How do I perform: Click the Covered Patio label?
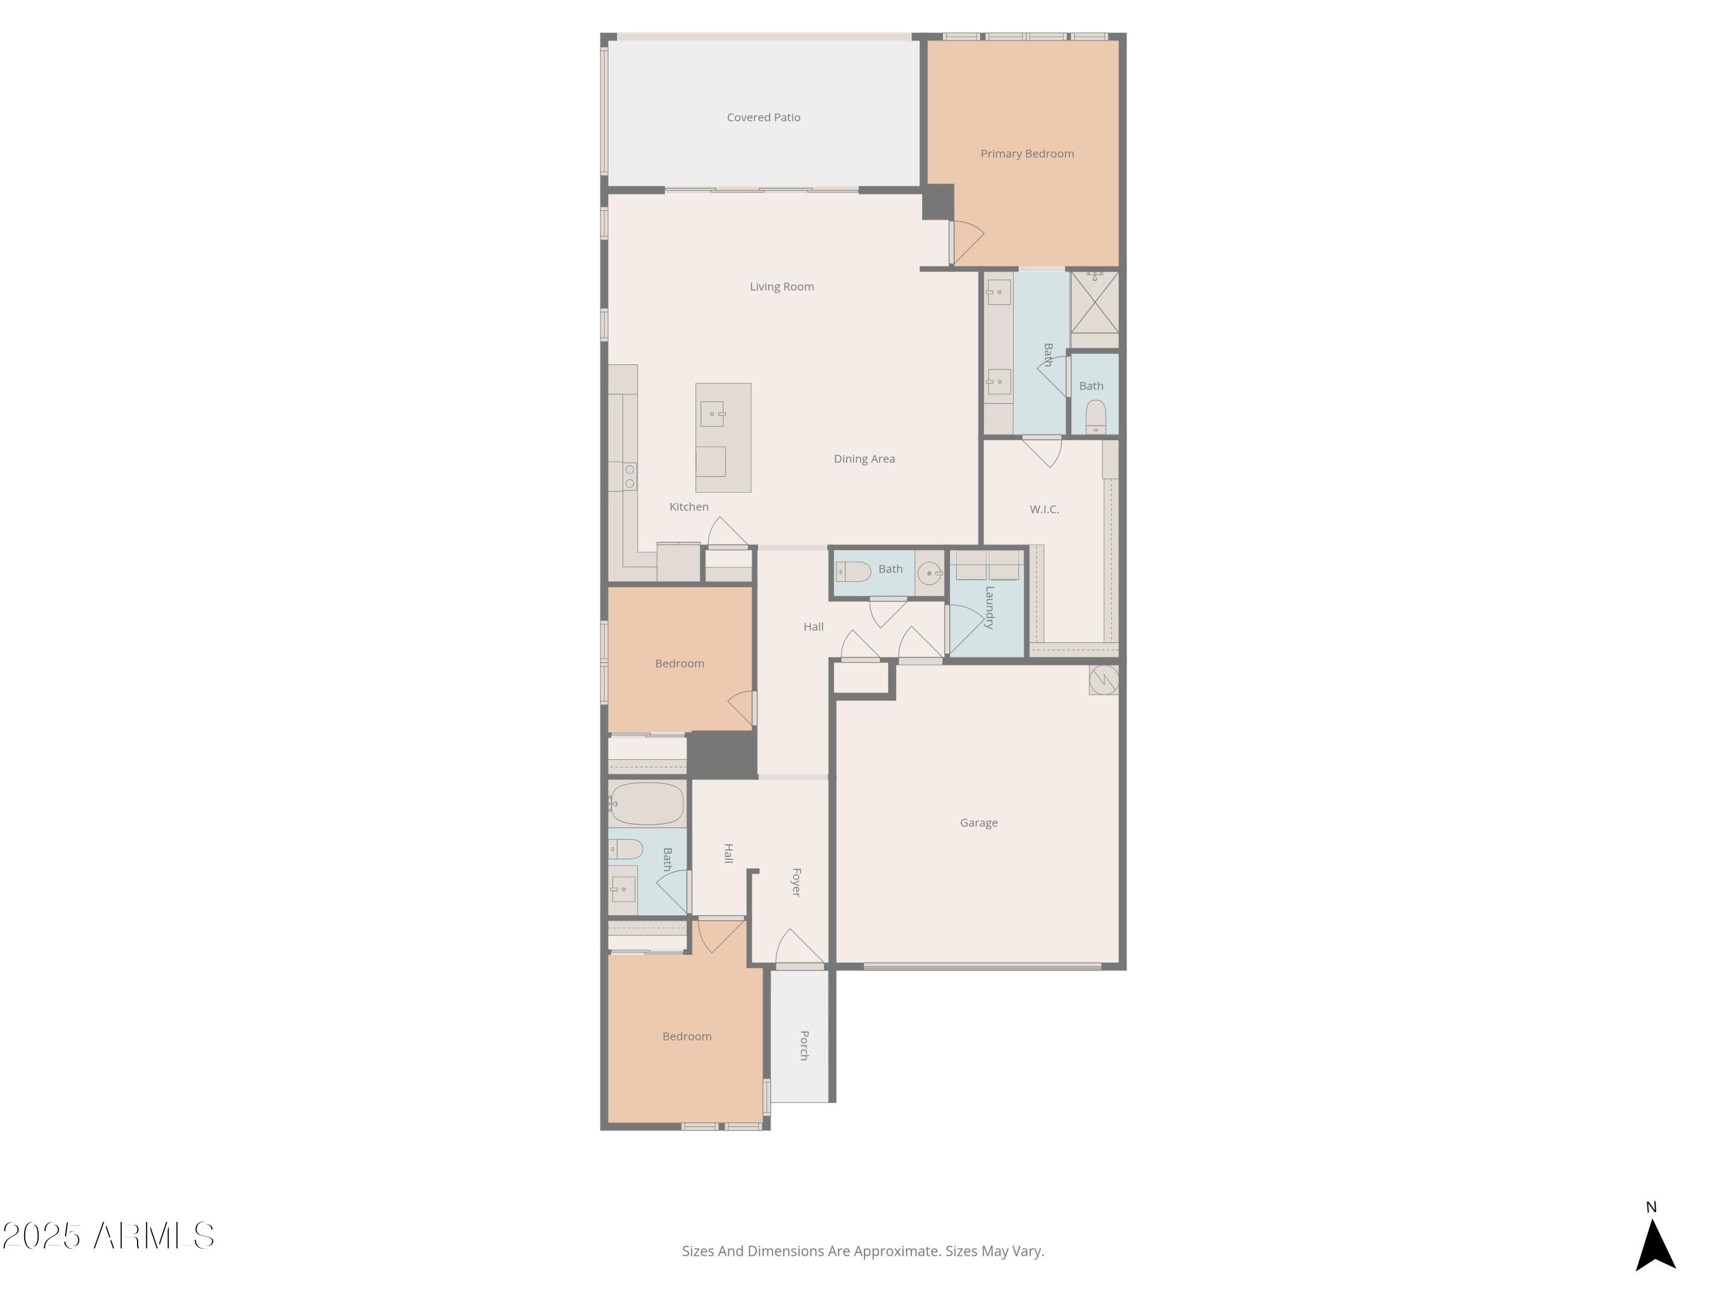(x=763, y=117)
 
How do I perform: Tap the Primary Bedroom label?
(x=1026, y=154)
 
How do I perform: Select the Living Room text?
(x=782, y=287)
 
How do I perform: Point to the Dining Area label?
(x=864, y=459)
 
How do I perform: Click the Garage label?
(x=978, y=822)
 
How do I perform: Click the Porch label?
(x=804, y=1045)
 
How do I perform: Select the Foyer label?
(x=796, y=882)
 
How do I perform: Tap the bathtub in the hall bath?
(x=647, y=803)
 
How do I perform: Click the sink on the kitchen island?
(x=712, y=414)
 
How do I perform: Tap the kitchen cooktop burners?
(x=629, y=476)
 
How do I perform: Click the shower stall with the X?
(x=1094, y=302)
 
